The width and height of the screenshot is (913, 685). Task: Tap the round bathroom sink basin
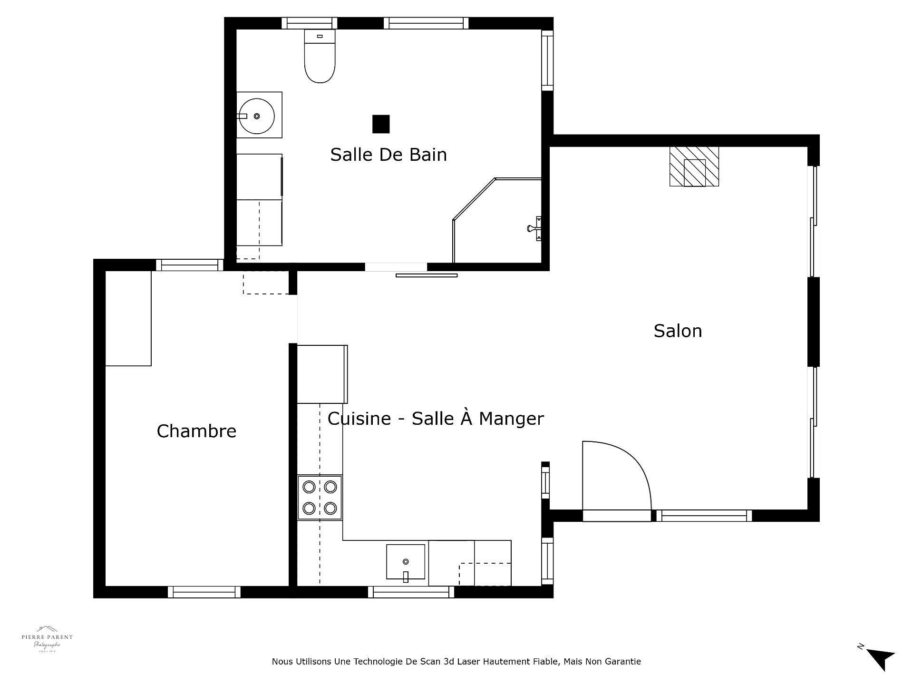tap(257, 116)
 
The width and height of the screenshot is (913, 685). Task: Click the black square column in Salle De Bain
tap(381, 124)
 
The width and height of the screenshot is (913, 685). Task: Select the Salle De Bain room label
tap(389, 155)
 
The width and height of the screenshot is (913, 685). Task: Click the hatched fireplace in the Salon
tap(694, 166)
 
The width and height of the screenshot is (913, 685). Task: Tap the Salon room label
tap(677, 331)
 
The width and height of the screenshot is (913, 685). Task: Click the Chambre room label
tap(196, 431)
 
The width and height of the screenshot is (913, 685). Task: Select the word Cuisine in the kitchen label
tap(359, 419)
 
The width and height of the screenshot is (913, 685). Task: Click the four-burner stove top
tap(320, 498)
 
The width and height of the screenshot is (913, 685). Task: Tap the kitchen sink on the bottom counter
tap(405, 562)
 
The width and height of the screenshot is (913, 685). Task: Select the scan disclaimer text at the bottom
tap(456, 662)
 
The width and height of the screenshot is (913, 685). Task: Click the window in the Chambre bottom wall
tap(204, 592)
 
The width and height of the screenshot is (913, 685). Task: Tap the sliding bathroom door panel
tap(427, 275)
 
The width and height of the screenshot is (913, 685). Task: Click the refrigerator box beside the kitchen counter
tap(322, 374)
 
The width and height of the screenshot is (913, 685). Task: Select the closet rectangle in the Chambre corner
tap(128, 318)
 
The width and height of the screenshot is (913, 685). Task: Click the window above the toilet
tap(309, 23)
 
